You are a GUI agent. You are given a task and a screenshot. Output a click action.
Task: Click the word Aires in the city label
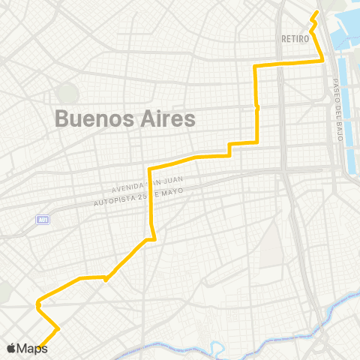(164, 118)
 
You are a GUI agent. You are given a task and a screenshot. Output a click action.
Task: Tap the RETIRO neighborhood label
(295, 37)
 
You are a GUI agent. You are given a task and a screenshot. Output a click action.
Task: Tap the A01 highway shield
(43, 220)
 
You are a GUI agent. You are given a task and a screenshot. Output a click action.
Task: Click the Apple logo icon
(10, 349)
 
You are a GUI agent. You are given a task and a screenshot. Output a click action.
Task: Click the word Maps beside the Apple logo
(32, 349)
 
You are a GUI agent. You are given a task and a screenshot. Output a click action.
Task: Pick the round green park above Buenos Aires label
(67, 94)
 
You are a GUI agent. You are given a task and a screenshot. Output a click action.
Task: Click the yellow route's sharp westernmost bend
(36, 304)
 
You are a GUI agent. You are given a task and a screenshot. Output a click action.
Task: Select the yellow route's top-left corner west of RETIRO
(256, 67)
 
